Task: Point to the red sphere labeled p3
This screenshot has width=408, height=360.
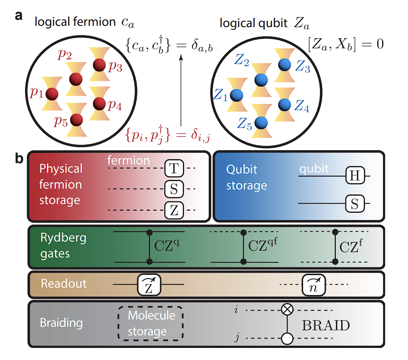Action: [x=99, y=65]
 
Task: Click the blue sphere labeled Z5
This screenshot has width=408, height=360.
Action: [x=260, y=122]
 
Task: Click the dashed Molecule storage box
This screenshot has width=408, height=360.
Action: [x=151, y=323]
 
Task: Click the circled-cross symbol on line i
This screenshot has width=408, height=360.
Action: [x=287, y=309]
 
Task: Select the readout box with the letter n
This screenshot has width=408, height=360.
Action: [x=314, y=284]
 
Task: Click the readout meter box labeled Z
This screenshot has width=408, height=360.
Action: [x=149, y=284]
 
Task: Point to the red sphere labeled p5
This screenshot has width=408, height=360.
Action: [x=77, y=118]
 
